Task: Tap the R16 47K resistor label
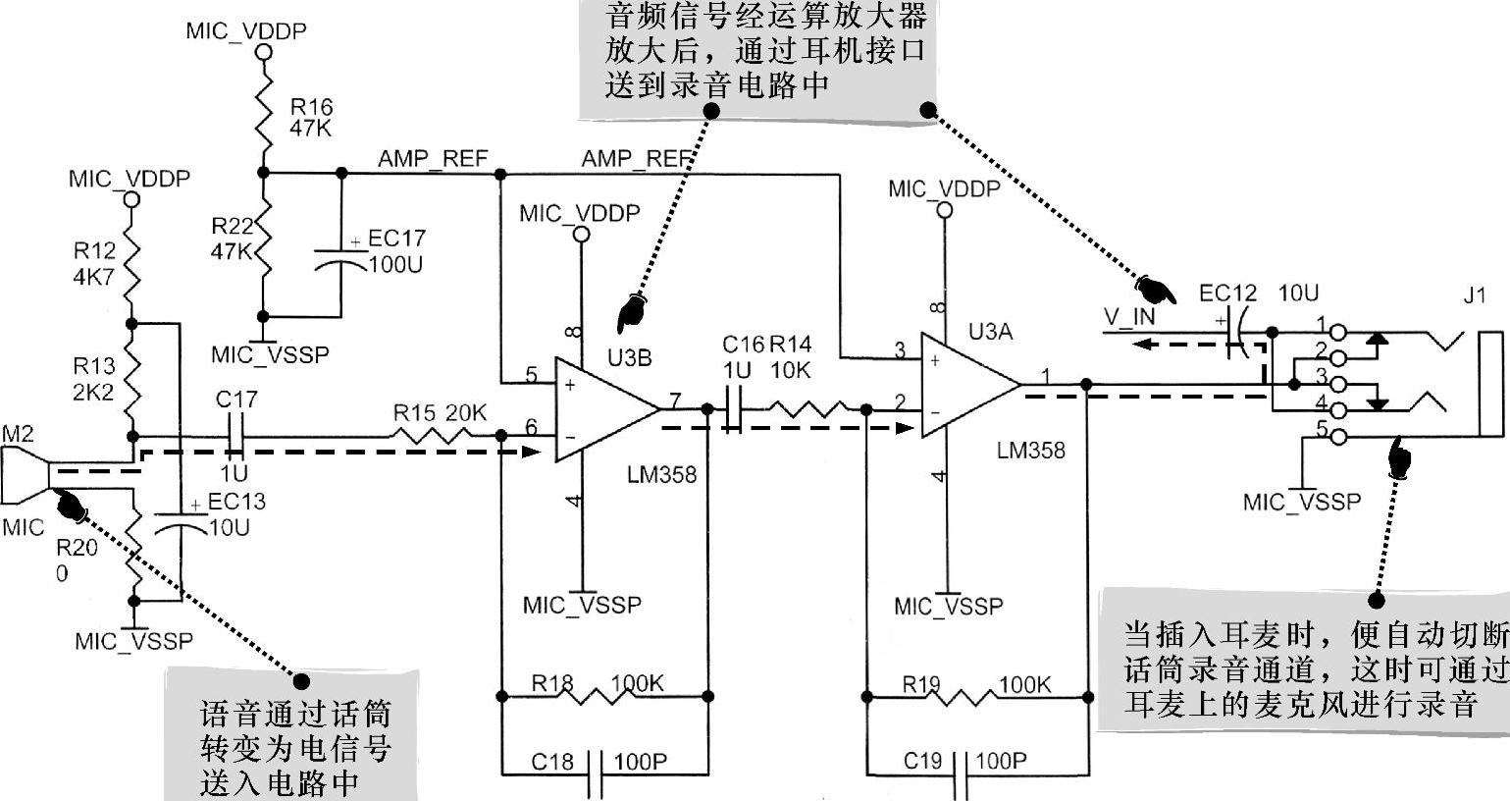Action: pos(311,117)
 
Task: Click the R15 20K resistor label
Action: pos(440,413)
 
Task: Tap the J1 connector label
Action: pos(1475,295)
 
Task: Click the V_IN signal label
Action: pos(1129,317)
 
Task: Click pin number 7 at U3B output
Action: pos(674,400)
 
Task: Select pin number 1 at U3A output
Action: pos(1046,376)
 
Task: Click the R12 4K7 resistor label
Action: pos(94,263)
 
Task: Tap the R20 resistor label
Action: pos(77,560)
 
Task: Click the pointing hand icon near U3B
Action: pos(629,309)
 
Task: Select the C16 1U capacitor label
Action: pos(743,356)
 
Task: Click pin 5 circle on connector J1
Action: pos(1339,436)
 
